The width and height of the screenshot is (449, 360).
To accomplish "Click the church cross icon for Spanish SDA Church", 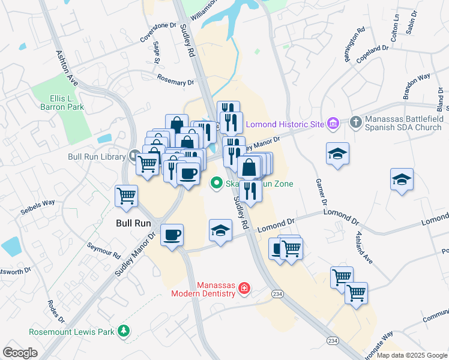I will click(x=355, y=122).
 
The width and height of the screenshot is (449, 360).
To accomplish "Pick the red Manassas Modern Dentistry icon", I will click(x=244, y=289).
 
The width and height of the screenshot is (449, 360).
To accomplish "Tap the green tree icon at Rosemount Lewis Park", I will click(x=124, y=331).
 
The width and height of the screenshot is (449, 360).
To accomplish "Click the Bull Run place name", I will click(x=133, y=223).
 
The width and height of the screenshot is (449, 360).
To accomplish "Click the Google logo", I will click(x=20, y=352).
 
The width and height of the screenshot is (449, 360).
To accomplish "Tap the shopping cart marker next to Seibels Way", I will click(x=127, y=195).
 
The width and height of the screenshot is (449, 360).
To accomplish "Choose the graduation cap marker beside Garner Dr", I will click(x=338, y=154).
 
